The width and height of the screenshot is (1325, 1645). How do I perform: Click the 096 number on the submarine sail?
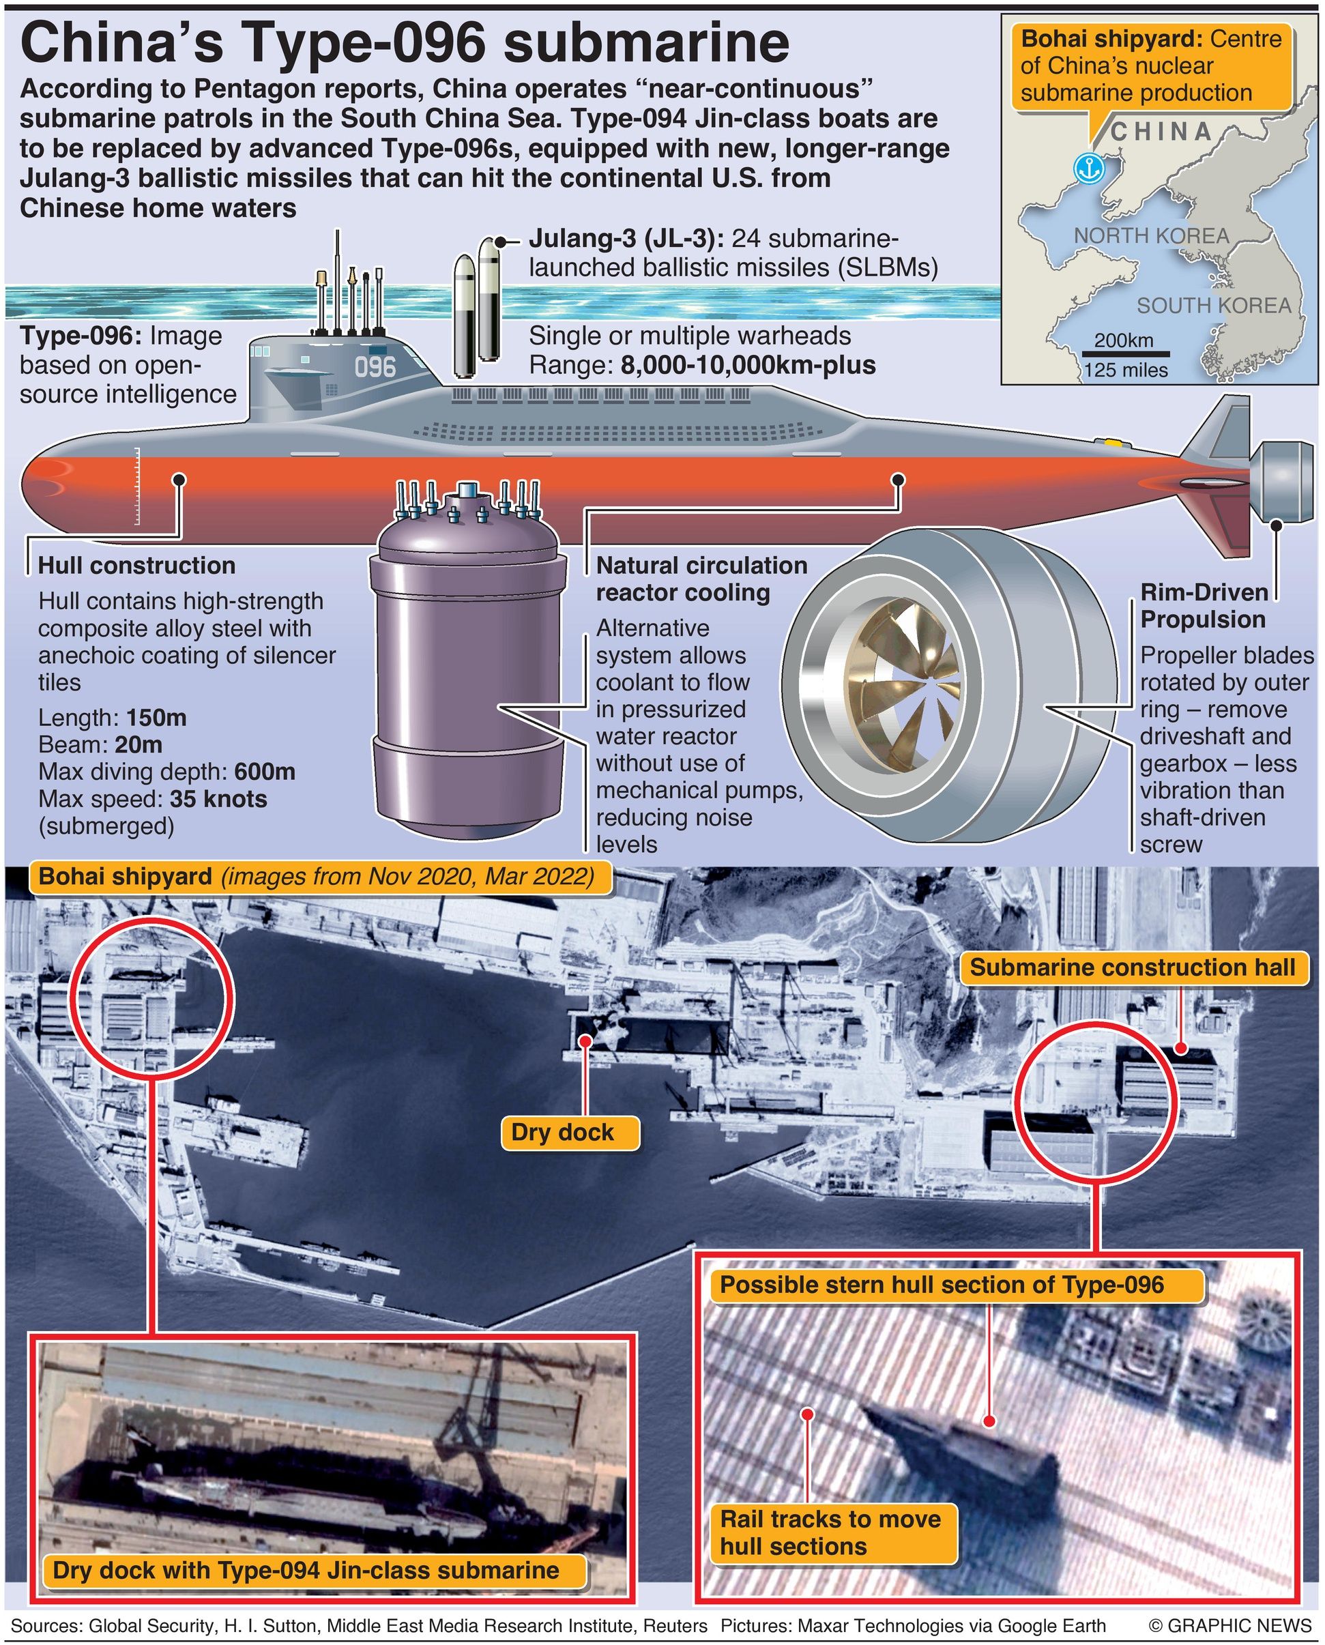[x=375, y=367]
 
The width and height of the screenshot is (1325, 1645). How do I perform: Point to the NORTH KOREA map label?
[x=1151, y=236]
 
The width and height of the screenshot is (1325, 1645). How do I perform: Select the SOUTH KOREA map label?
[x=1214, y=306]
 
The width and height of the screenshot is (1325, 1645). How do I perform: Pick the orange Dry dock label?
[x=562, y=1131]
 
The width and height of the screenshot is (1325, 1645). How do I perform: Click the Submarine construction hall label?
[x=1133, y=967]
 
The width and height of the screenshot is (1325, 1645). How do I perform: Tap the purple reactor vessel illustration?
[x=467, y=663]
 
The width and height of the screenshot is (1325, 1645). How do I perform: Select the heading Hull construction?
[x=136, y=565]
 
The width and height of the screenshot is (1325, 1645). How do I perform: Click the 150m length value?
[x=156, y=718]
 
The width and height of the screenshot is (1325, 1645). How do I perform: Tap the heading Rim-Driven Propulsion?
[x=1203, y=605]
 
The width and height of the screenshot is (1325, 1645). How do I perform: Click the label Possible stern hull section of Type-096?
[x=942, y=1285]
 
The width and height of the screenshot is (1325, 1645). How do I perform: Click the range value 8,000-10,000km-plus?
[x=748, y=364]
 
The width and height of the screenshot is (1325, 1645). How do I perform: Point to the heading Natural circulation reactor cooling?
[x=701, y=579]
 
